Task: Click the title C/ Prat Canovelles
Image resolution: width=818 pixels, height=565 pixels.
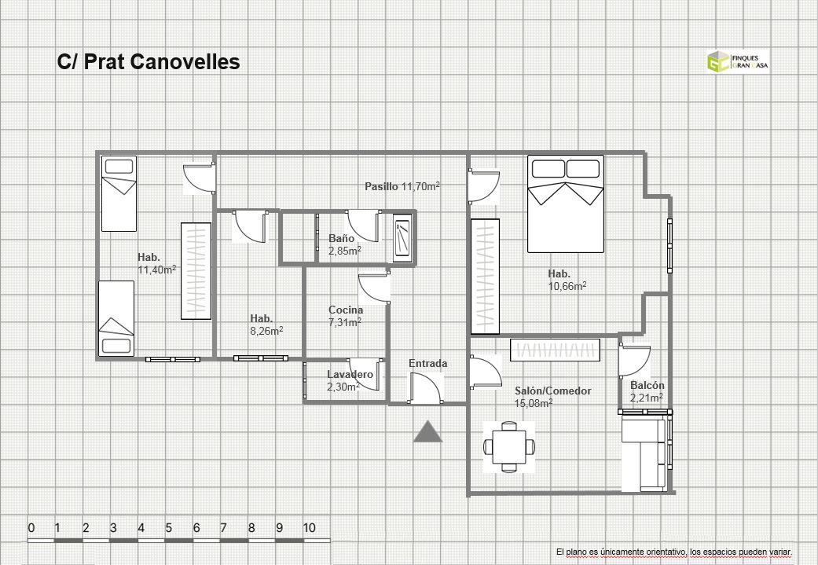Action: (149, 61)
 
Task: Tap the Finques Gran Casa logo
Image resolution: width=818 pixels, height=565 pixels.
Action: (738, 61)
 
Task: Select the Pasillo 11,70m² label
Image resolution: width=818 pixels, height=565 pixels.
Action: (402, 185)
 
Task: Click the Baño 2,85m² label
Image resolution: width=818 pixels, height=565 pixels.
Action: (345, 244)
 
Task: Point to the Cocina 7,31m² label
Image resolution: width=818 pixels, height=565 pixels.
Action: (346, 316)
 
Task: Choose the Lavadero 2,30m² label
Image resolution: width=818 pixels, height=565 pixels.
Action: (350, 380)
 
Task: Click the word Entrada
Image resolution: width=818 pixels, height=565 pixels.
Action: (427, 363)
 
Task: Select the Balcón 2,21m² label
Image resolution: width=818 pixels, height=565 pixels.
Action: (647, 391)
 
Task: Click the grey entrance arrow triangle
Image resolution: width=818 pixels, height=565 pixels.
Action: (427, 432)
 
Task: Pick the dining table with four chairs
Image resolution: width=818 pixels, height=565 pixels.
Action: (508, 447)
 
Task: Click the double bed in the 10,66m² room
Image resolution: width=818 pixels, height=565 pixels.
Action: (566, 204)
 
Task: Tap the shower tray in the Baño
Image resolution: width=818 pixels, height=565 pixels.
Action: (402, 238)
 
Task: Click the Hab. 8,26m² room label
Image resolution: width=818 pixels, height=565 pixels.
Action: (266, 325)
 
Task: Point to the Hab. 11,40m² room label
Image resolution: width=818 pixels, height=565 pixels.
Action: (156, 263)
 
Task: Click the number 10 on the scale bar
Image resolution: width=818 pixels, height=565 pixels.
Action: (310, 528)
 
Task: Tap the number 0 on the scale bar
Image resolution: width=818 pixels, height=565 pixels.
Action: (31, 528)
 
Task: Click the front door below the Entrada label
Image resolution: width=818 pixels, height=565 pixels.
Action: (426, 389)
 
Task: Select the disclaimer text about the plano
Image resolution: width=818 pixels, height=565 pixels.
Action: (674, 552)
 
